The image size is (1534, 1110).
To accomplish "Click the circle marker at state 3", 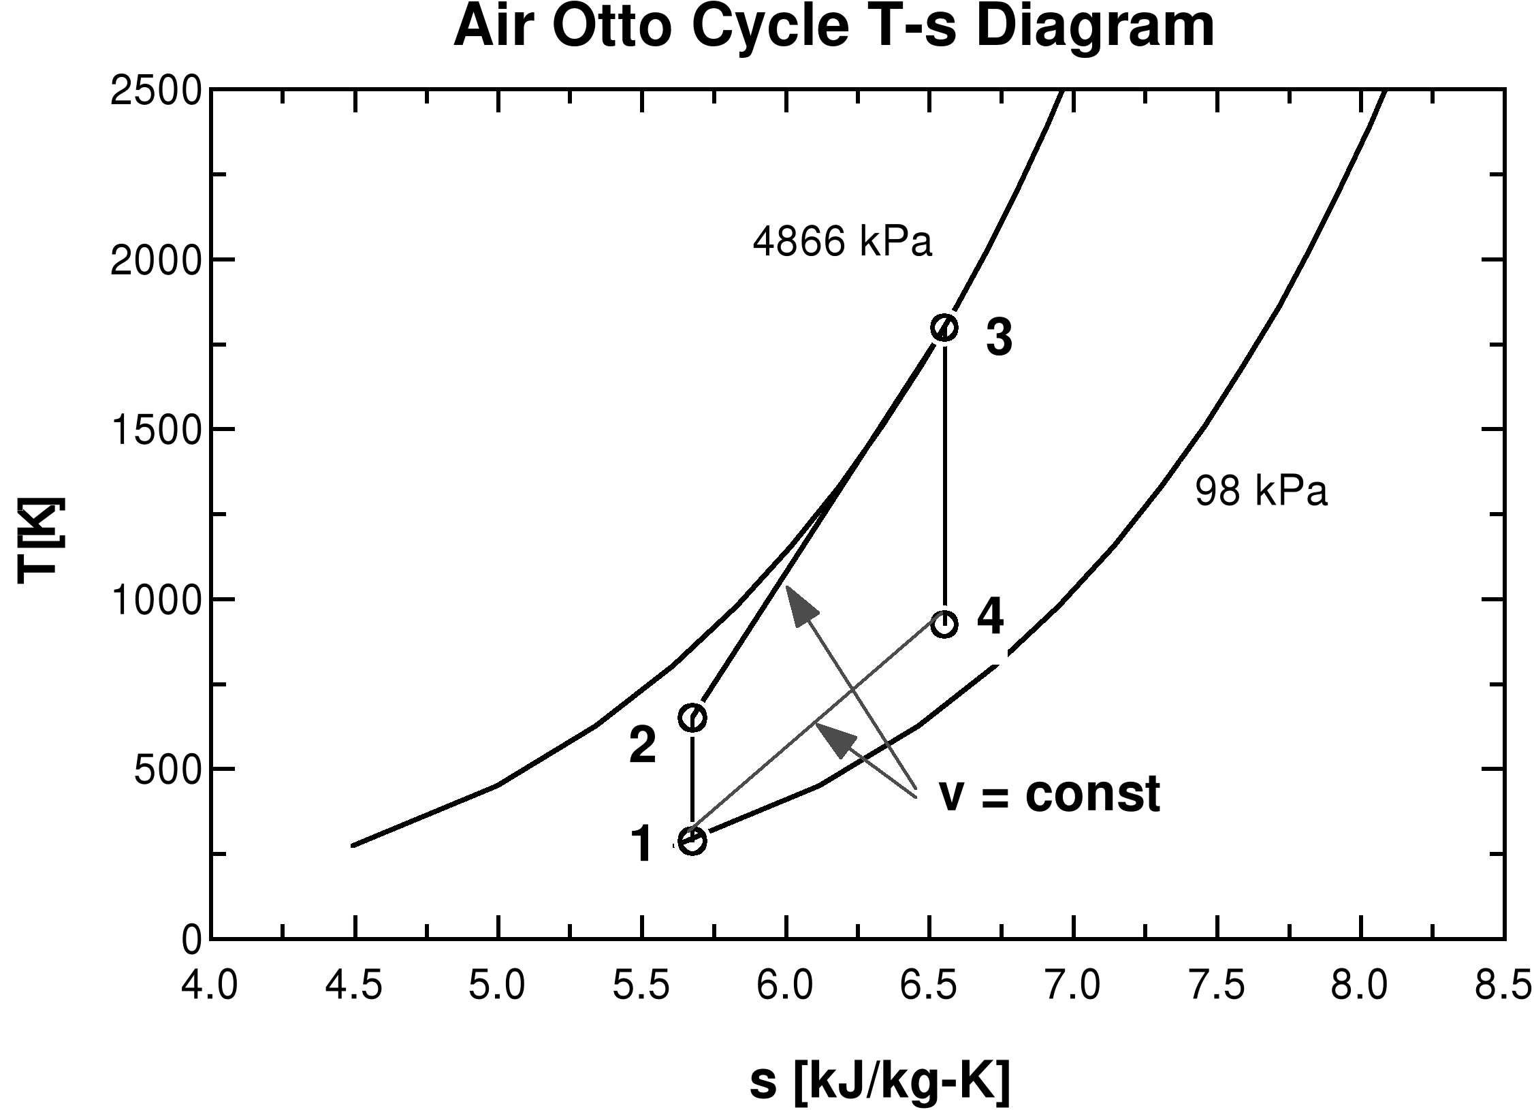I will click(944, 328).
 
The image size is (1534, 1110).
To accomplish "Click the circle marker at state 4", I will click(944, 624).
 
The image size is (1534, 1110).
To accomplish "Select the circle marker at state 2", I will click(692, 718).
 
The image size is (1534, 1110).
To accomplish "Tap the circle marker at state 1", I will click(692, 840).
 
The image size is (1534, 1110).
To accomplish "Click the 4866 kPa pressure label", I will click(842, 242).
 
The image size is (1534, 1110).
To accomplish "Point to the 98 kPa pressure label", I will click(1261, 491).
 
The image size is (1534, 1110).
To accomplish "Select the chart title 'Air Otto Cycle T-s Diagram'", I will click(833, 27).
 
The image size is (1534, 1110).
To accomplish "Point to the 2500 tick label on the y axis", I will click(156, 91).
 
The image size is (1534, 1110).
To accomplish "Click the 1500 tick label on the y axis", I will click(156, 430).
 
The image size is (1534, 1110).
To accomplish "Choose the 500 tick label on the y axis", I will click(167, 770).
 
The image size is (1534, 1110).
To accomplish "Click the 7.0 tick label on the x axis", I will click(1074, 986).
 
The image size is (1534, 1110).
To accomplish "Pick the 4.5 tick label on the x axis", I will click(353, 986).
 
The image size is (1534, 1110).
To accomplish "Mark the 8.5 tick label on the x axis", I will click(1503, 986).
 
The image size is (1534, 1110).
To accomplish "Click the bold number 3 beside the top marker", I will click(999, 338).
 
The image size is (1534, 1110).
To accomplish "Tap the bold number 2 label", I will click(643, 745).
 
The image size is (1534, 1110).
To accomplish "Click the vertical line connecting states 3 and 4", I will click(944, 477).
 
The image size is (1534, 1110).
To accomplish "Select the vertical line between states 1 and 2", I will click(692, 780).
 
